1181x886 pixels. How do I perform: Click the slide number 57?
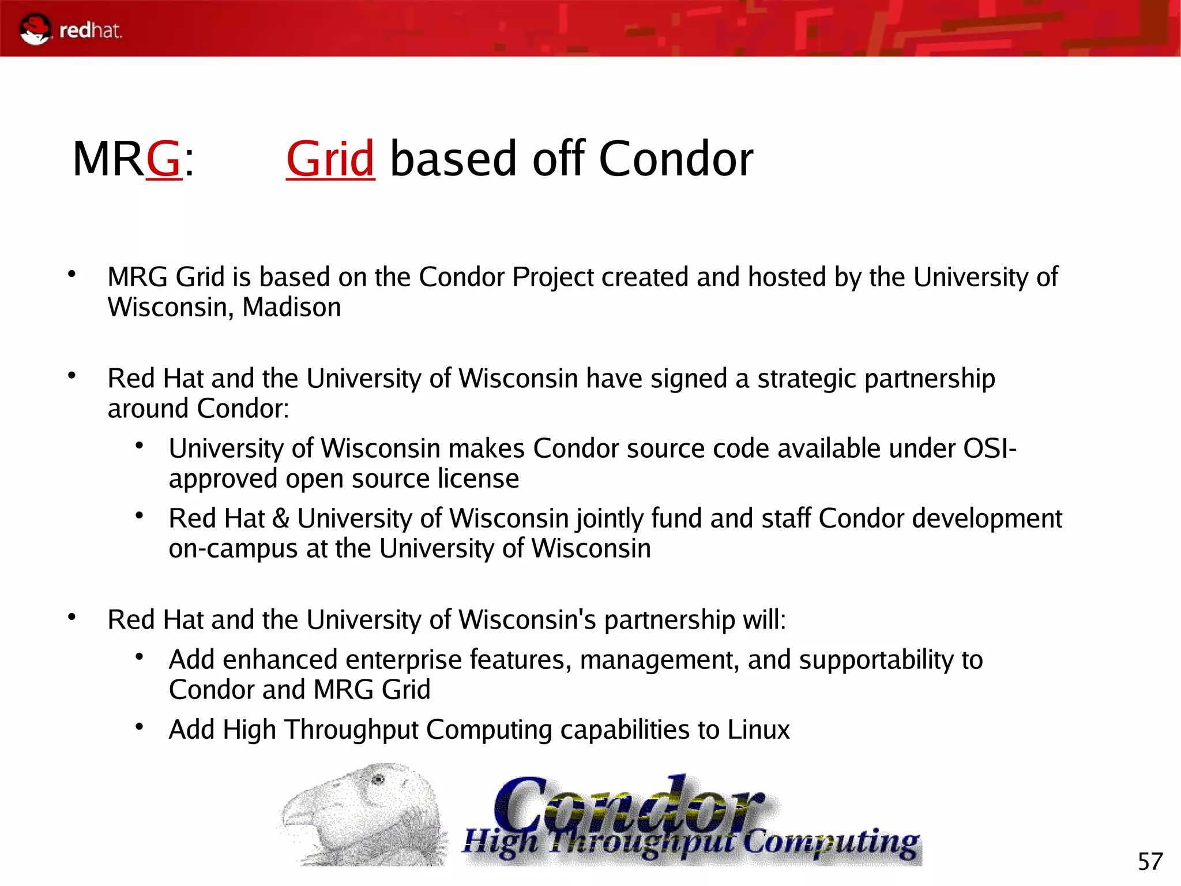tap(1150, 862)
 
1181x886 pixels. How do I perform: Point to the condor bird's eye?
tap(378, 780)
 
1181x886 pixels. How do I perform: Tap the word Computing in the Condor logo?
tap(830, 843)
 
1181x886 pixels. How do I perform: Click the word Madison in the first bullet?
tap(291, 307)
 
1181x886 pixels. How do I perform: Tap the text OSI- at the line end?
tap(990, 448)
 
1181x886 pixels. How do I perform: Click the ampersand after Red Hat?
tap(281, 518)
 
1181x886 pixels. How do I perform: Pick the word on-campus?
tap(233, 548)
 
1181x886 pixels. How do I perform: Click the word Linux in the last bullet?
tap(758, 730)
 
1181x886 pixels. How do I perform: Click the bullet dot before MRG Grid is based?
tap(72, 274)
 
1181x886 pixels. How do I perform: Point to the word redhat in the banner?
tap(90, 30)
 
